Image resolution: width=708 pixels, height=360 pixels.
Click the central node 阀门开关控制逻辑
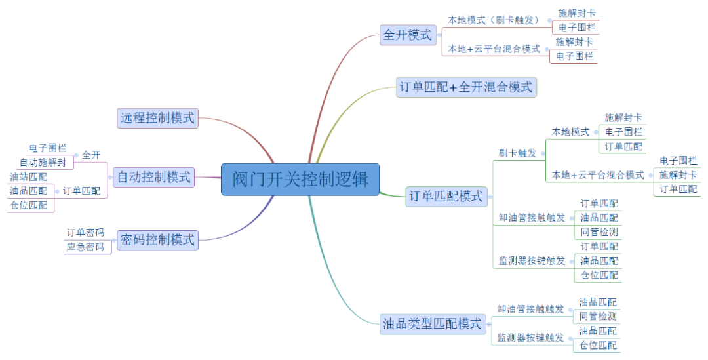pyautogui.click(x=300, y=179)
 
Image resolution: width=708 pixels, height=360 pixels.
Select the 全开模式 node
pyautogui.click(x=408, y=35)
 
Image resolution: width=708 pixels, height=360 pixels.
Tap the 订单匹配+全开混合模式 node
pyautogui.click(x=466, y=87)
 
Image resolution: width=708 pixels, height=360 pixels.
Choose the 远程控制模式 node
pyautogui.click(x=157, y=118)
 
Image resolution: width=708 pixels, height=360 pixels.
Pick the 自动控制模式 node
pyautogui.click(x=154, y=177)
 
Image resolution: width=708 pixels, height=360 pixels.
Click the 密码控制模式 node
pyautogui.click(x=157, y=240)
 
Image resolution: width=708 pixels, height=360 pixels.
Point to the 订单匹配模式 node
pyautogui.click(x=446, y=195)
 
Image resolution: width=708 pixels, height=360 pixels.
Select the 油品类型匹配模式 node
pyautogui.click(x=432, y=323)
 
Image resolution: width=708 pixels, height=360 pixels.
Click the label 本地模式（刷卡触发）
pyautogui.click(x=492, y=20)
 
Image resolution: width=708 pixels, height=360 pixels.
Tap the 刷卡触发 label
pyautogui.click(x=517, y=153)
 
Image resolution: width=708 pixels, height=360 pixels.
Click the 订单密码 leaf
pyautogui.click(x=85, y=233)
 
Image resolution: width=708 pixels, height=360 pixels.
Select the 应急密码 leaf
pyautogui.click(x=85, y=247)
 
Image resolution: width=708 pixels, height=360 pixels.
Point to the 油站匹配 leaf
pyautogui.click(x=29, y=176)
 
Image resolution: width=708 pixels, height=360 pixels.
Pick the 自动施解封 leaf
pyautogui.click(x=43, y=162)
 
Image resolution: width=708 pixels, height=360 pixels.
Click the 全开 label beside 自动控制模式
pyautogui.click(x=91, y=155)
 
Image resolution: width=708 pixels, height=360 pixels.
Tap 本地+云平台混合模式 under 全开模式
pyautogui.click(x=494, y=49)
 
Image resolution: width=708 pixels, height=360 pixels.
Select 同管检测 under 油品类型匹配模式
pyautogui.click(x=598, y=317)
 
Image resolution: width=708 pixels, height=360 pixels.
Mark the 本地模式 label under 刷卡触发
pyautogui.click(x=570, y=132)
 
